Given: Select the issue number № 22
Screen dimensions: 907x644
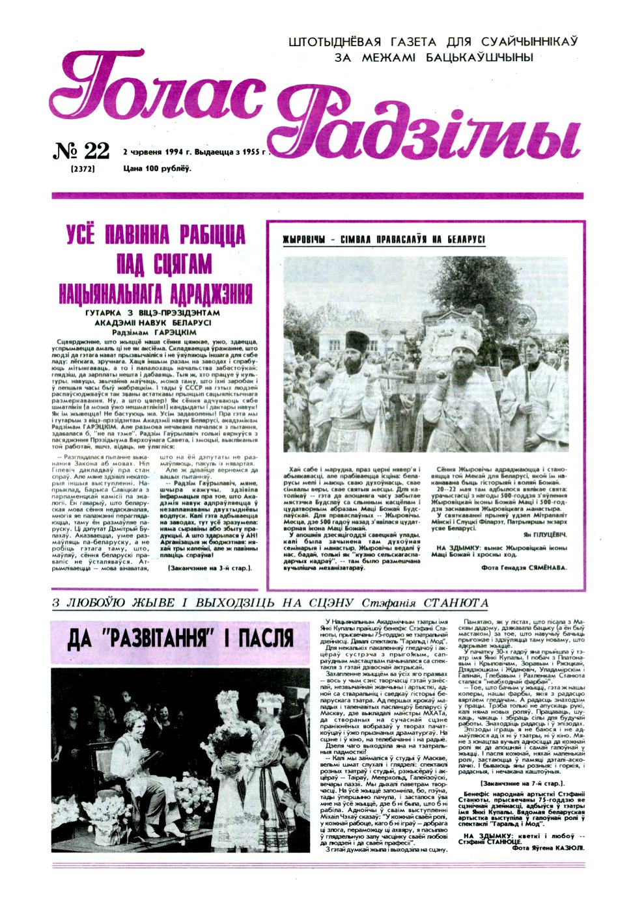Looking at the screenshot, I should tap(81, 151).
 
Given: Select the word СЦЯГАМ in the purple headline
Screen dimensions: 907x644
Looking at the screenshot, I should tap(182, 265).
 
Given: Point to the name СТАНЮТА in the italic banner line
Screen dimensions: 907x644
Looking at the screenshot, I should tap(456, 603).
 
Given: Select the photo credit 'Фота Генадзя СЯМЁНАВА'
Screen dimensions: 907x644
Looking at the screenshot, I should tap(523, 567).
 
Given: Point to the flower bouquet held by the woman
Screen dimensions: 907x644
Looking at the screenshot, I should tap(223, 745).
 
